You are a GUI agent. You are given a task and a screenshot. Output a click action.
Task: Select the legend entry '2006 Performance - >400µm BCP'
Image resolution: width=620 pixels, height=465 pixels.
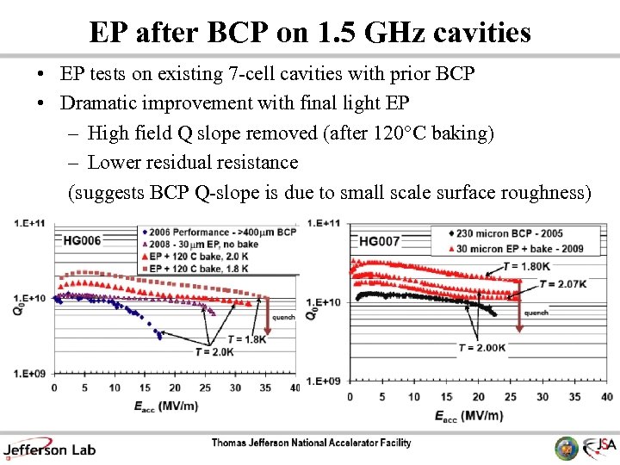[221, 232]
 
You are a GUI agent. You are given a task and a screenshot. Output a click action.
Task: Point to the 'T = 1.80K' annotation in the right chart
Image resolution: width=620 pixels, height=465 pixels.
[527, 266]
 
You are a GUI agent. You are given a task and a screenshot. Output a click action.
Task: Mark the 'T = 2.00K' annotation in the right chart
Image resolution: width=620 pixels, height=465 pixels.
[481, 347]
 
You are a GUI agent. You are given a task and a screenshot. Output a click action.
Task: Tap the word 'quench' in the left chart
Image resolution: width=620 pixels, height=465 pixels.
[283, 317]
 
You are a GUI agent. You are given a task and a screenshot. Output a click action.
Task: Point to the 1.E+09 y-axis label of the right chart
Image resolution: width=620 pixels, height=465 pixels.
[331, 381]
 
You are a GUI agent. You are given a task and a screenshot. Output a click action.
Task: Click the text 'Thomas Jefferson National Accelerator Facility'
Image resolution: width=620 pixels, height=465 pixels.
[312, 443]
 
